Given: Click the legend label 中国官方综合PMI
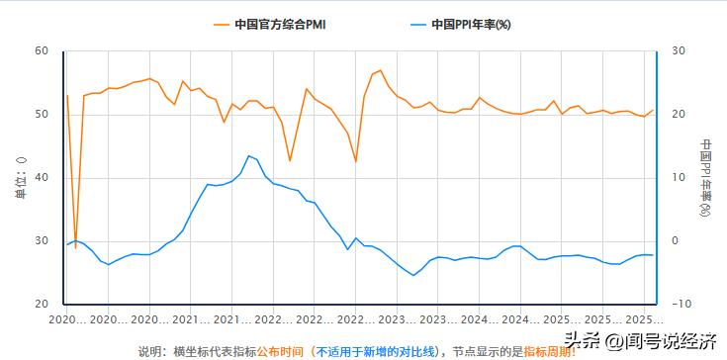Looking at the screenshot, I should tap(280, 25).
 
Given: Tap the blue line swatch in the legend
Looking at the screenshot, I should tap(416, 25).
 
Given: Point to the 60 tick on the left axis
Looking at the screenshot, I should tap(42, 50).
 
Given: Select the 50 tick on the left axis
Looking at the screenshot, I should tap(42, 114).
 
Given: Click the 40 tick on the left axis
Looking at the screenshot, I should tap(42, 178).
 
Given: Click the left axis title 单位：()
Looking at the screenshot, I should tap(20, 178).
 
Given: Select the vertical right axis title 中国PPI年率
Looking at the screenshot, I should tap(705, 178).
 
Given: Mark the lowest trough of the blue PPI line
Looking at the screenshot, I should tap(413, 275).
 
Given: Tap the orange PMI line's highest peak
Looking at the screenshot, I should tap(380, 70).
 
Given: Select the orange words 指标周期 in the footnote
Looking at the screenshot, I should tap(545, 351).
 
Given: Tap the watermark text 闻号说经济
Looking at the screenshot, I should tap(663, 341).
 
